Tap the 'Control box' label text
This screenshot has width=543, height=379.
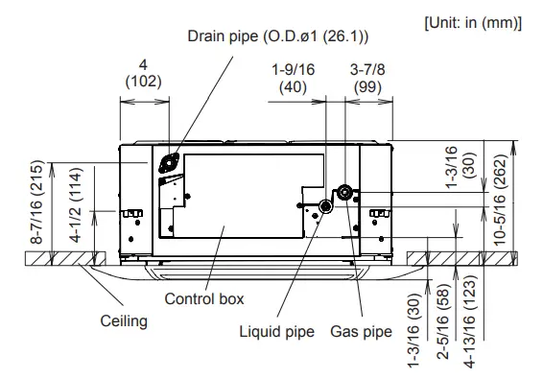click(x=202, y=298)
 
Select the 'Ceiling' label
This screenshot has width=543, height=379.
click(x=124, y=320)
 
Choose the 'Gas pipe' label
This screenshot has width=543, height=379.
click(x=361, y=333)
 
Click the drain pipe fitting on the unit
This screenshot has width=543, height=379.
click(x=170, y=163)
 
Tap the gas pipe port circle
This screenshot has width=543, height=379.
click(x=342, y=192)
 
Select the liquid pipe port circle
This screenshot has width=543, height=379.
click(x=326, y=205)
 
